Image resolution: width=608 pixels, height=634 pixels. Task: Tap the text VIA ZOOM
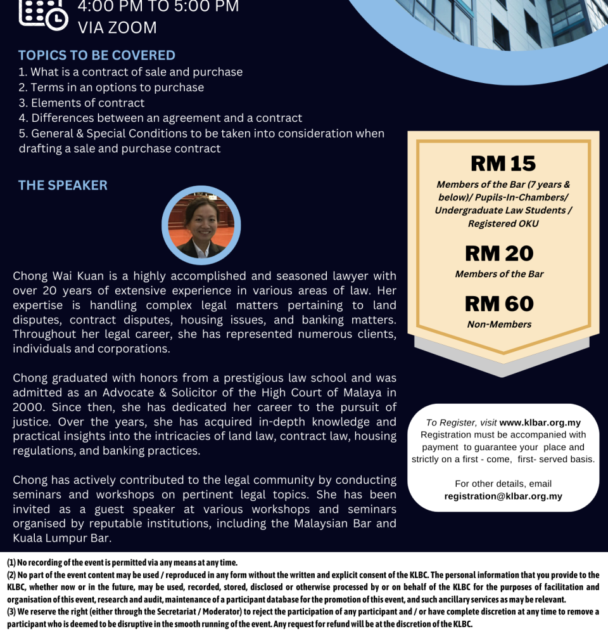click(117, 28)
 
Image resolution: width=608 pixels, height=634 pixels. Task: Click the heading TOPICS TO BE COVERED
click(96, 55)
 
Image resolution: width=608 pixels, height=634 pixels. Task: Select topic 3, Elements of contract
click(82, 103)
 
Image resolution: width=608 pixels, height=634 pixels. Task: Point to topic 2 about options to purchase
click(111, 87)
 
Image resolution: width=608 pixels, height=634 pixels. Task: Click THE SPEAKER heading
click(63, 185)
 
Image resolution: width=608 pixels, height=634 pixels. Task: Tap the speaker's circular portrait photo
click(201, 225)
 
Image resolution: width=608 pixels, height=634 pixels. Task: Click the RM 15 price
click(503, 164)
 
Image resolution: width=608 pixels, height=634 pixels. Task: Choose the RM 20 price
click(499, 254)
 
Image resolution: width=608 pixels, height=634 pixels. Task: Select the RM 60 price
click(499, 304)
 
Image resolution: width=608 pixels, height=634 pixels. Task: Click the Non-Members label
click(499, 325)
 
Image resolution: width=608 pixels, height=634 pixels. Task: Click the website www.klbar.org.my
click(540, 423)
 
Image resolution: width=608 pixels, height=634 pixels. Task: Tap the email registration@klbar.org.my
click(503, 496)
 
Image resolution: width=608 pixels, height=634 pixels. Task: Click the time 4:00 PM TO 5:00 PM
click(158, 7)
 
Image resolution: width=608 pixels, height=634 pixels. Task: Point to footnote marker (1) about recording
click(11, 562)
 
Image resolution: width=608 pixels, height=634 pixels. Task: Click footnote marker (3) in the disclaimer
click(11, 612)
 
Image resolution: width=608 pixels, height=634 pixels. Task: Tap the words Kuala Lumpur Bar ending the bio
click(61, 538)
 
